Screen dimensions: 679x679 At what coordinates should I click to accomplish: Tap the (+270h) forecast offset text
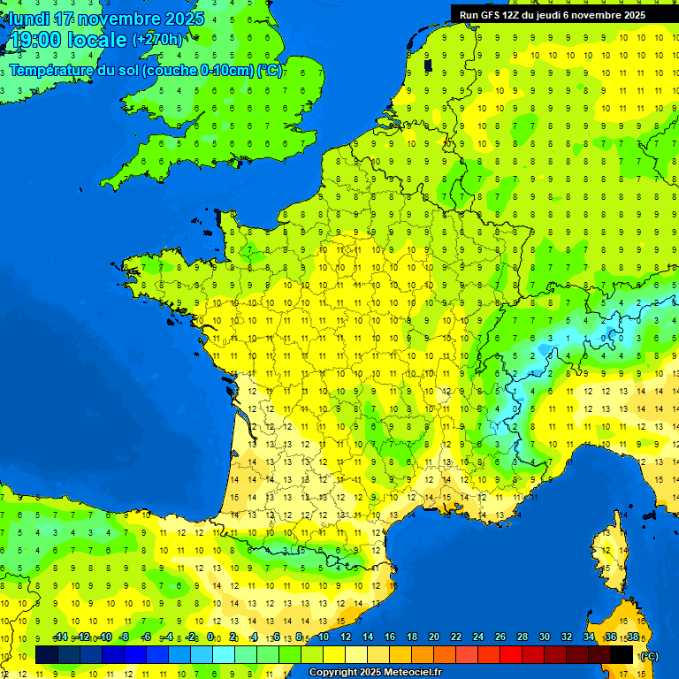click(157, 39)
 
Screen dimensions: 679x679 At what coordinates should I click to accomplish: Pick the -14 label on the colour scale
click(60, 637)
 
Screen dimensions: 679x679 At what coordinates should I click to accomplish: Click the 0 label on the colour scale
click(210, 637)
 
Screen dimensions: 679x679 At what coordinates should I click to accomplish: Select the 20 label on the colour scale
click(433, 637)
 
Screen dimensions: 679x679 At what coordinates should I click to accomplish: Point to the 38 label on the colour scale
click(632, 637)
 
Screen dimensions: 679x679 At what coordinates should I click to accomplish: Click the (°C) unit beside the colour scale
click(650, 655)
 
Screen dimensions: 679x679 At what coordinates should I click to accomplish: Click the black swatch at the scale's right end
click(622, 654)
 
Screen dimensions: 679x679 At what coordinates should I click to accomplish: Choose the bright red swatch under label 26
click(511, 654)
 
